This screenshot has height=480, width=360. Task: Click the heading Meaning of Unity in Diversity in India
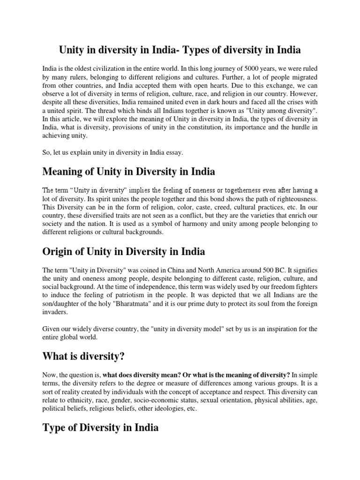[x=129, y=172]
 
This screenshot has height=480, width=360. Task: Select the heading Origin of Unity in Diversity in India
[x=124, y=252]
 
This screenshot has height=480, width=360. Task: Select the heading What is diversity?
[x=83, y=357]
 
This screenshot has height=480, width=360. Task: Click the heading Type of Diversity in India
[x=101, y=428]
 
